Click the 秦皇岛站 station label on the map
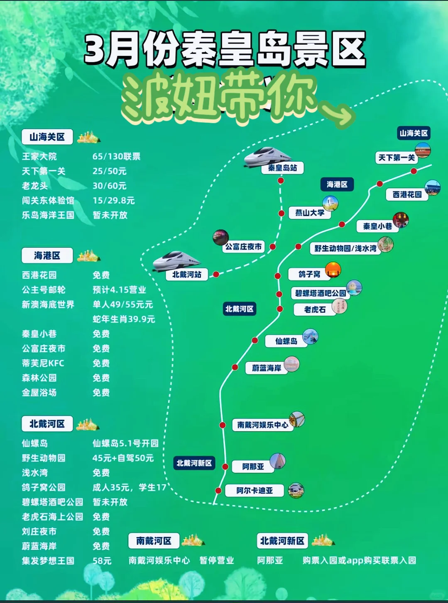pos(282,168)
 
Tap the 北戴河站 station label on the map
pos(187,275)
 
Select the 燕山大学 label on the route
pos(310,213)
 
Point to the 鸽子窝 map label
pos(309,274)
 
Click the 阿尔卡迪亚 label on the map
pos(255,491)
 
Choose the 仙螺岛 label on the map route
pos(286,341)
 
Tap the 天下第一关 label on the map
pos(397,158)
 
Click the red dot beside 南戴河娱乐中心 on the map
pos(223,425)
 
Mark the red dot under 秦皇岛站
pos(281,181)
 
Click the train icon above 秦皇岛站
pos(267,156)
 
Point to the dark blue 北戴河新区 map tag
pos(194,463)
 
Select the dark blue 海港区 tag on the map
pos(337,184)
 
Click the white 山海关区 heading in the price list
pos(47,137)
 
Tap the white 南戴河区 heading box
pos(154,541)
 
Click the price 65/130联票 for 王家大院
pos(116,156)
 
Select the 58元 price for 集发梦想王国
pos(102,561)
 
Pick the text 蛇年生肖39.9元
pos(123,319)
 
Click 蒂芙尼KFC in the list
pos(43,363)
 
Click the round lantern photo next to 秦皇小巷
pos(401,220)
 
